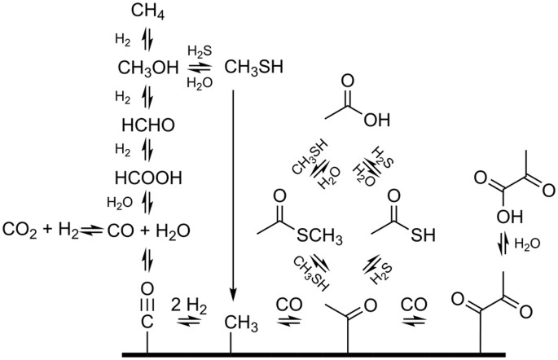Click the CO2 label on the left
pyautogui.click(x=18, y=230)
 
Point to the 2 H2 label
pyautogui.click(x=188, y=305)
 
